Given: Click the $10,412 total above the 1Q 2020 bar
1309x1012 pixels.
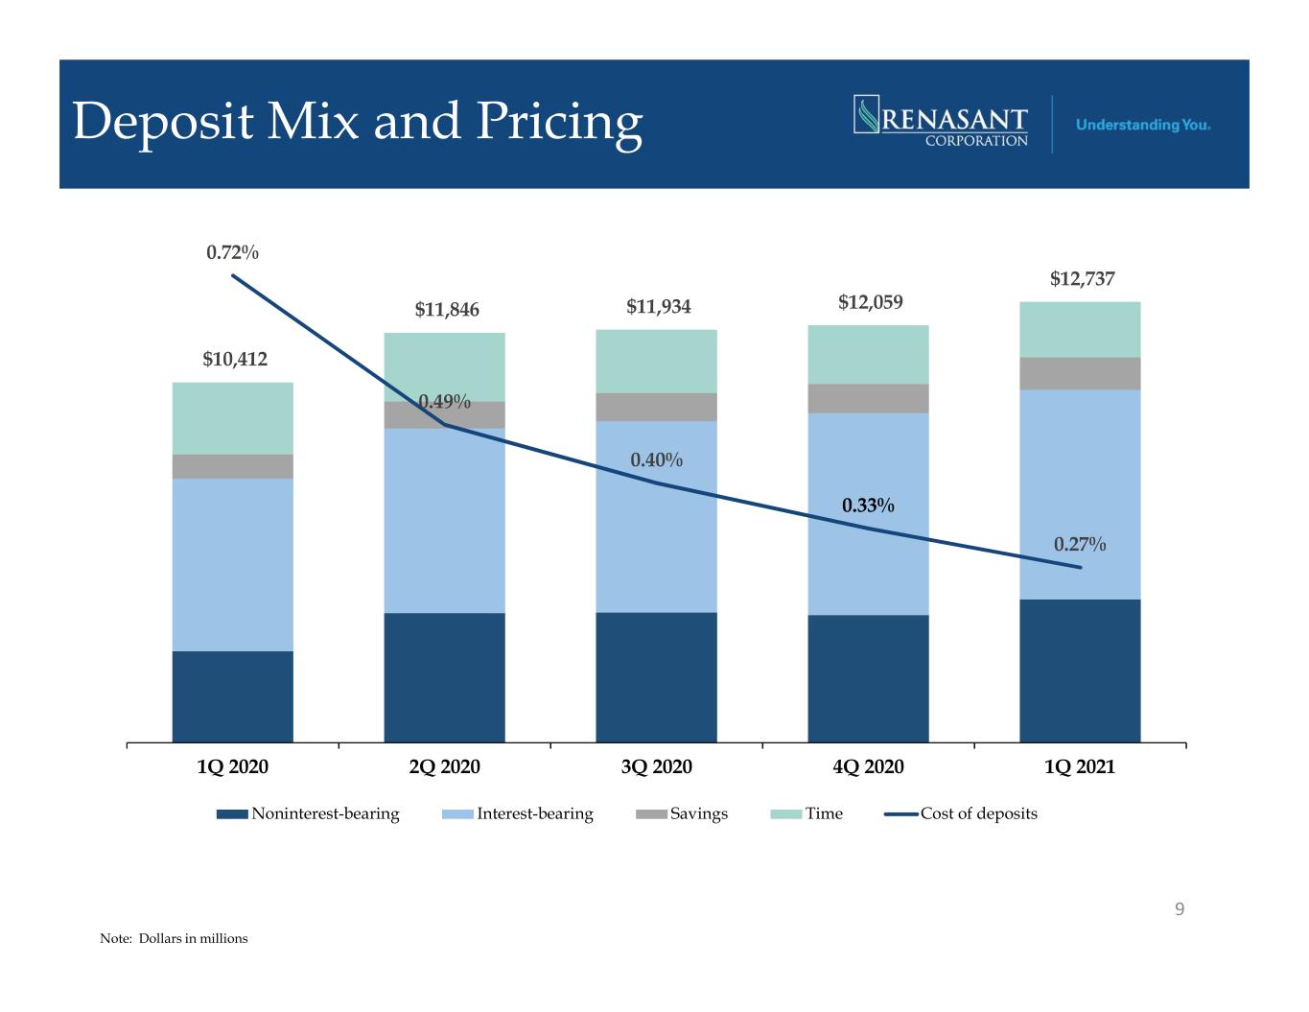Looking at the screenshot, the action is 234,359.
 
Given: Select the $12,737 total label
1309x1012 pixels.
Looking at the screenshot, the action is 1082,278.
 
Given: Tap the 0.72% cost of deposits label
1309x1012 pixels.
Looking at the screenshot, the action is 232,252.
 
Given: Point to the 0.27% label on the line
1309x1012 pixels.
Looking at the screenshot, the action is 1080,545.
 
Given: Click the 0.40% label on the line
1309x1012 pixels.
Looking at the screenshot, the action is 656,460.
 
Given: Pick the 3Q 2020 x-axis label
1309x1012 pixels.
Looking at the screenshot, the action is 656,766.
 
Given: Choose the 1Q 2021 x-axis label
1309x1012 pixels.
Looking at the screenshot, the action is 1080,766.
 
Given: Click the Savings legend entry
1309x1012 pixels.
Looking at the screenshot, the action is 682,813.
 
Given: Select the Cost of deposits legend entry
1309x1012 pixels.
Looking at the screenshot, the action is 961,813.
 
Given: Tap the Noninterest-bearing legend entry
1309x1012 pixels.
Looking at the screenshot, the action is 308,813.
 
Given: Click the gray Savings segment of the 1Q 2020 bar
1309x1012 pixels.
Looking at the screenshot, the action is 232,467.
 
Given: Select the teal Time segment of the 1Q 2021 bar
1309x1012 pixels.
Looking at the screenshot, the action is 1080,330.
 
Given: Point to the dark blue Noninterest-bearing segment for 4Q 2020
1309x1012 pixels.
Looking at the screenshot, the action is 868,679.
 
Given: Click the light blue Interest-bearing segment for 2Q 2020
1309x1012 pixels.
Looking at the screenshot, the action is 445,521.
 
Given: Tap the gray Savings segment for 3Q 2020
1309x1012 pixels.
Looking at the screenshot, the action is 656,408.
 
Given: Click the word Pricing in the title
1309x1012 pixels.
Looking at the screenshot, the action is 560,124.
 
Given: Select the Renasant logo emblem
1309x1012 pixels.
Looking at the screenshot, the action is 866,114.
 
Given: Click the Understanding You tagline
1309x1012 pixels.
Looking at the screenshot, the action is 1143,125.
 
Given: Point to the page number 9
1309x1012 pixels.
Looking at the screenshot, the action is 1180,909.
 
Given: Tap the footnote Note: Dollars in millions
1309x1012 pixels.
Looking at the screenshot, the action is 174,938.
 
